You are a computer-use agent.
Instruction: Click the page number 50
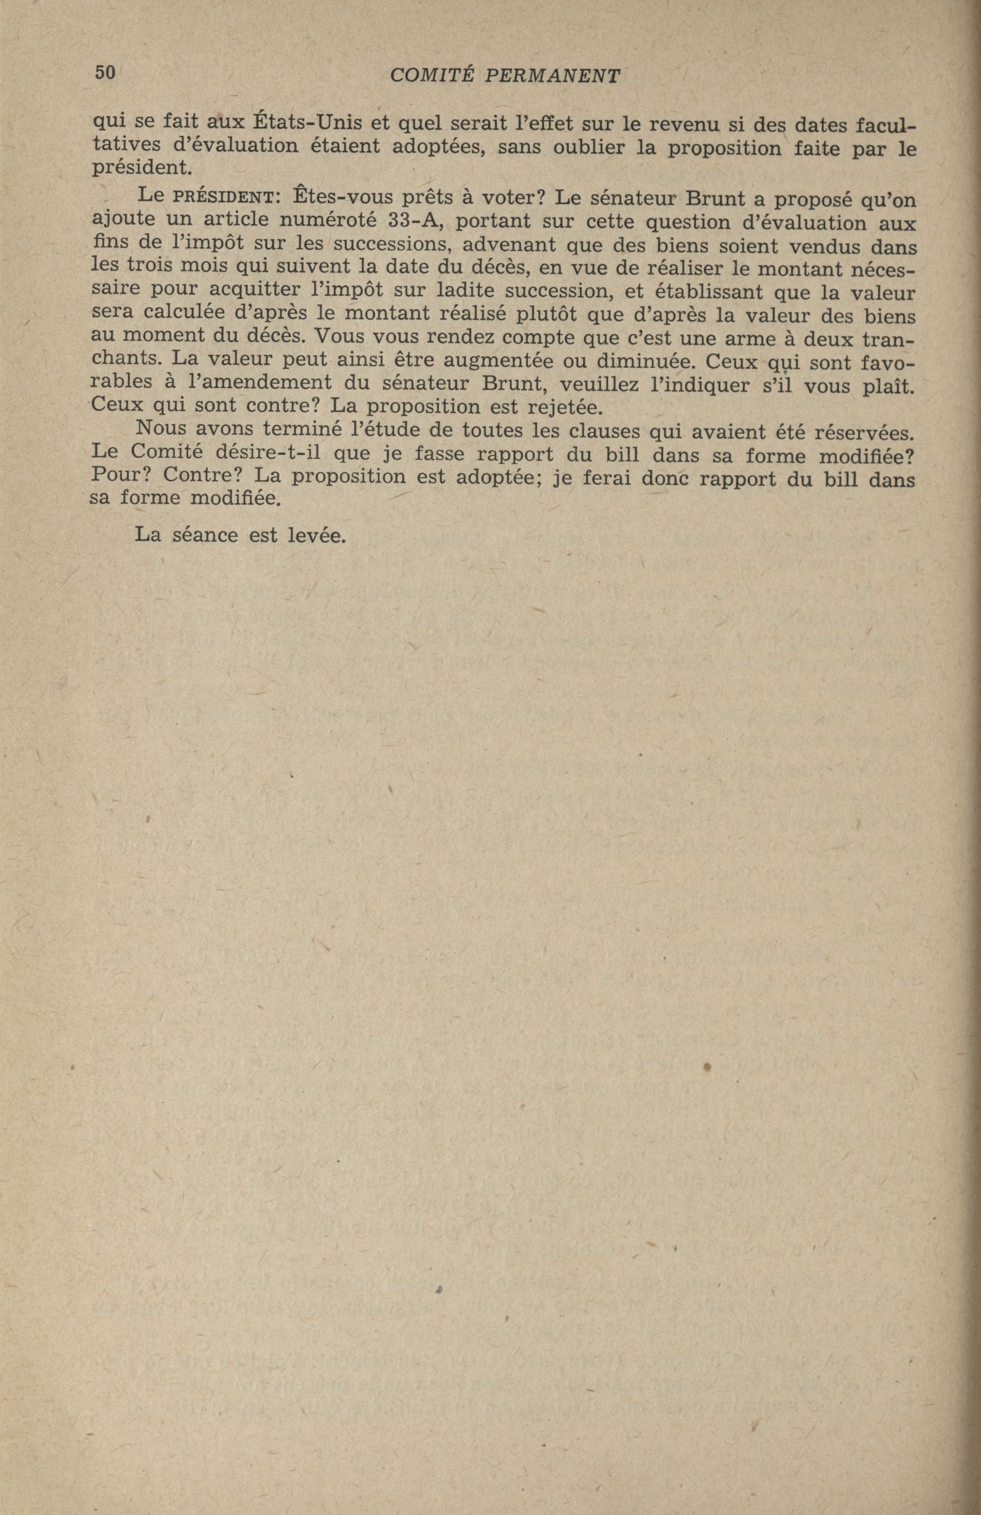pos(105,73)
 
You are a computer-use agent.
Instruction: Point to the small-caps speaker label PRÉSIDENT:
pos(227,197)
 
